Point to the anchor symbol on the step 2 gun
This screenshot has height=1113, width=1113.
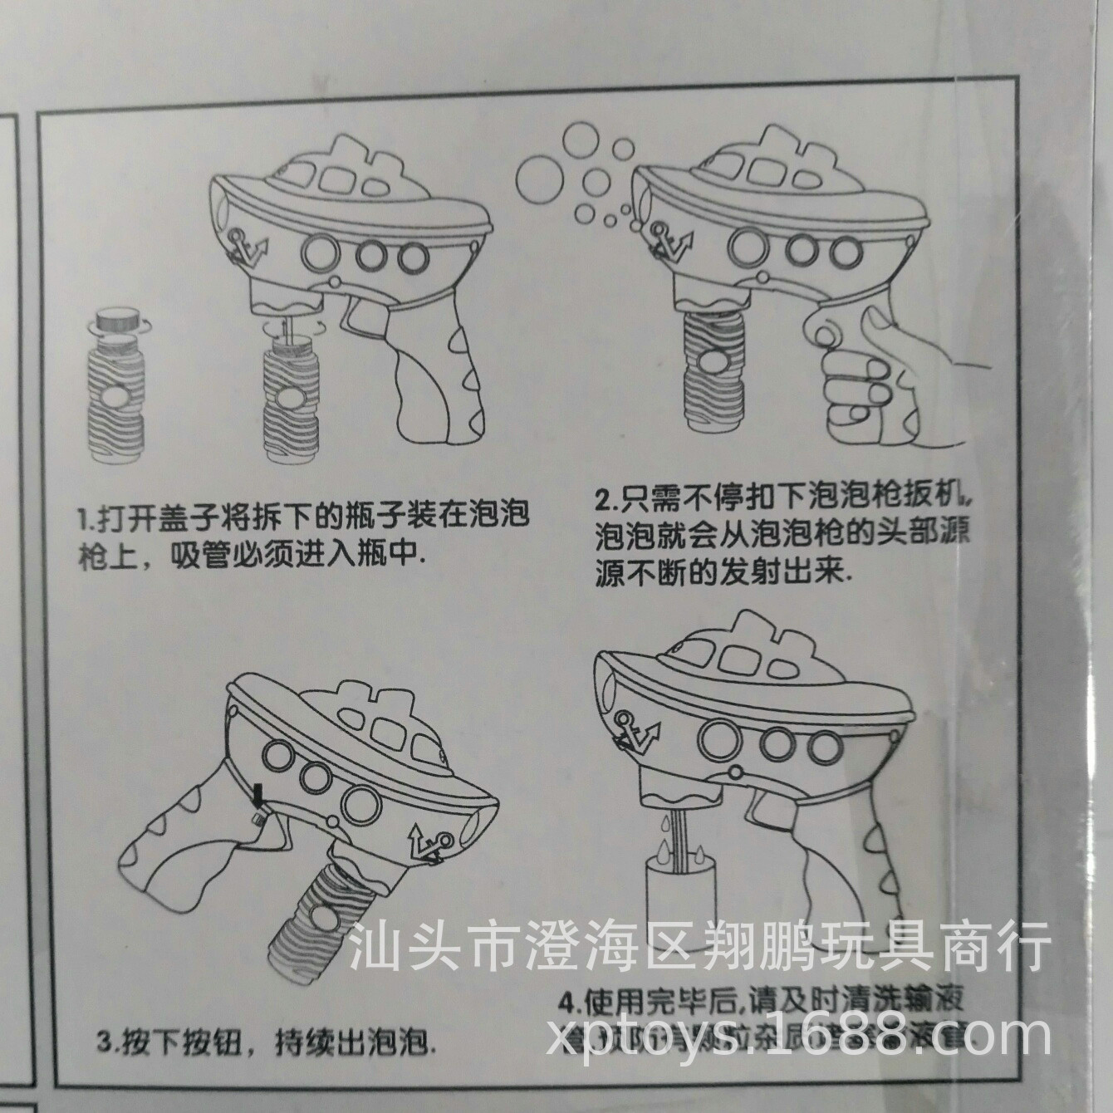[669, 241]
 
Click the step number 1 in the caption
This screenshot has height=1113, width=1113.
[84, 522]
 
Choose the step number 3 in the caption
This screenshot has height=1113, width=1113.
[104, 1042]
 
